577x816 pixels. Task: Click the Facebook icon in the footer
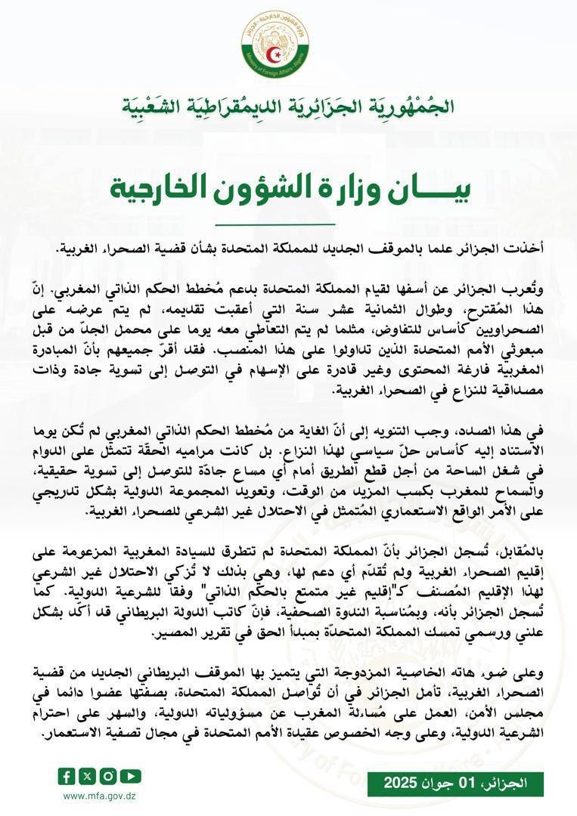coord(67,776)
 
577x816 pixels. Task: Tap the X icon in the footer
coord(88,776)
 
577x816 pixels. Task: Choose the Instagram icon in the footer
coord(109,776)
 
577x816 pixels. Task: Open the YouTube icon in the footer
coord(131,776)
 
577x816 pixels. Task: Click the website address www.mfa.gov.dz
coord(98,796)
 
